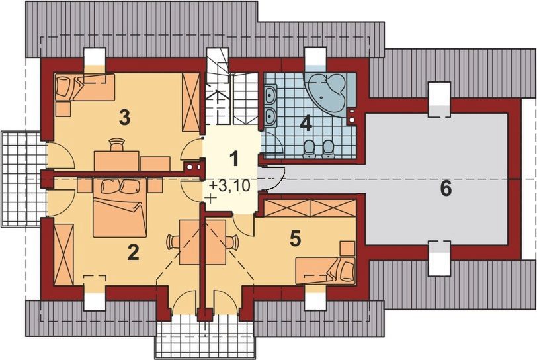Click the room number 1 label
(233, 158)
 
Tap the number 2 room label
(133, 252)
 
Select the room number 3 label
(124, 117)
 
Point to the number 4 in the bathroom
(305, 123)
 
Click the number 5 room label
(296, 238)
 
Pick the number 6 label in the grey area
(446, 188)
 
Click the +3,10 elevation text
(229, 185)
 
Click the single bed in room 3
(82, 87)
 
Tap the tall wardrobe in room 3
(191, 103)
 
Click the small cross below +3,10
(210, 199)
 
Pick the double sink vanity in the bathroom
(270, 106)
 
